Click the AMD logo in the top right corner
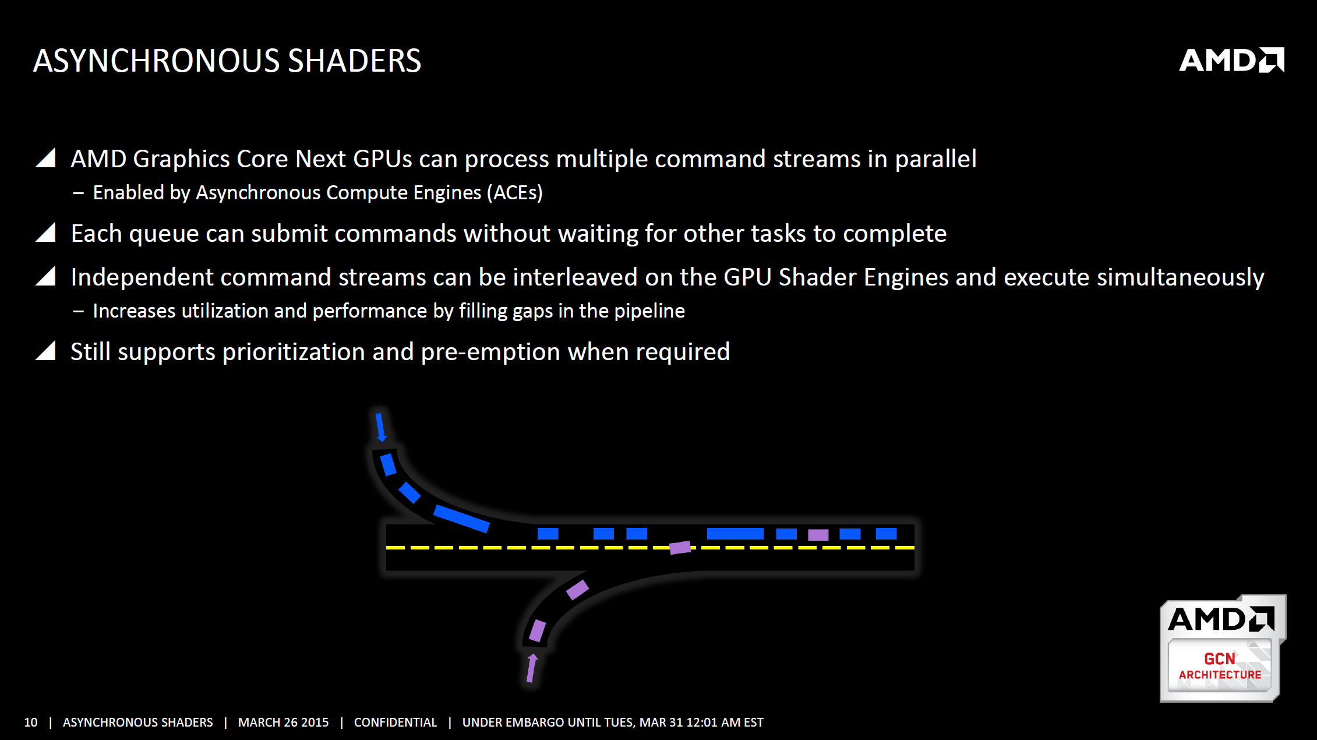point(1231,60)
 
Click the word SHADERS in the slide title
point(354,61)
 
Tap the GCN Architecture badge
point(1222,648)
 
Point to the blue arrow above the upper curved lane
point(381,427)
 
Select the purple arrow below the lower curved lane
point(532,668)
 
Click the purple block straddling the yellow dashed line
point(680,548)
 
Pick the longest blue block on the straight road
point(735,534)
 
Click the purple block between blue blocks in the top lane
point(818,535)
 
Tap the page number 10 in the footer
point(30,723)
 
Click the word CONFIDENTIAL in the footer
point(396,723)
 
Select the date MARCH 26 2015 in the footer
point(283,723)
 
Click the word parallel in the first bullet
point(935,159)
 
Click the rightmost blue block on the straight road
point(886,534)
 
